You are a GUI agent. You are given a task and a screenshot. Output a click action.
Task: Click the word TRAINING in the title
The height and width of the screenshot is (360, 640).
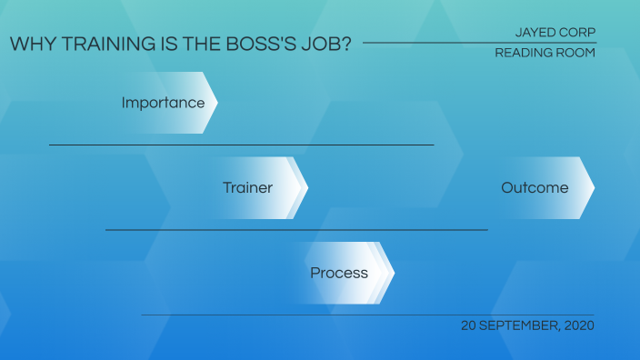94,44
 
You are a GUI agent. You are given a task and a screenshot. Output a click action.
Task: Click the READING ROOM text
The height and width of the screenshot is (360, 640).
545,53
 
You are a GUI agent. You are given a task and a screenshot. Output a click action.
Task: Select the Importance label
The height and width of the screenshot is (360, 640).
163,103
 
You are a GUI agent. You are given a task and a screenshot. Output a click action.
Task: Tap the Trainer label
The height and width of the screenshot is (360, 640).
247,188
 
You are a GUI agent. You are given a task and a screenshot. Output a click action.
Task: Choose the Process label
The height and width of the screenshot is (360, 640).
338,273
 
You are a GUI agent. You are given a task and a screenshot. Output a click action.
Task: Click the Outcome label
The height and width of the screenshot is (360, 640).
535,188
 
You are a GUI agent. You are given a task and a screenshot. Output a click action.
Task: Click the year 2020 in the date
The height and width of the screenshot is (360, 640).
578,325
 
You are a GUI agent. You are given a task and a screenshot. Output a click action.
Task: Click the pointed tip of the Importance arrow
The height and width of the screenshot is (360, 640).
217,103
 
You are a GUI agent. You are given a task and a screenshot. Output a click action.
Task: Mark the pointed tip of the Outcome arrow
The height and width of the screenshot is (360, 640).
595,188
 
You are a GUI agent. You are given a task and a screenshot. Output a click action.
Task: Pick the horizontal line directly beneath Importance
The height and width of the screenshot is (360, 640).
241,145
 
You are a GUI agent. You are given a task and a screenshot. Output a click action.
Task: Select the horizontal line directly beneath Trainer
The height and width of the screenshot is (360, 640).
296,230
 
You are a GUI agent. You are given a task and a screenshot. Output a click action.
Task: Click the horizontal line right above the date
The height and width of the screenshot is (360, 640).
367,315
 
